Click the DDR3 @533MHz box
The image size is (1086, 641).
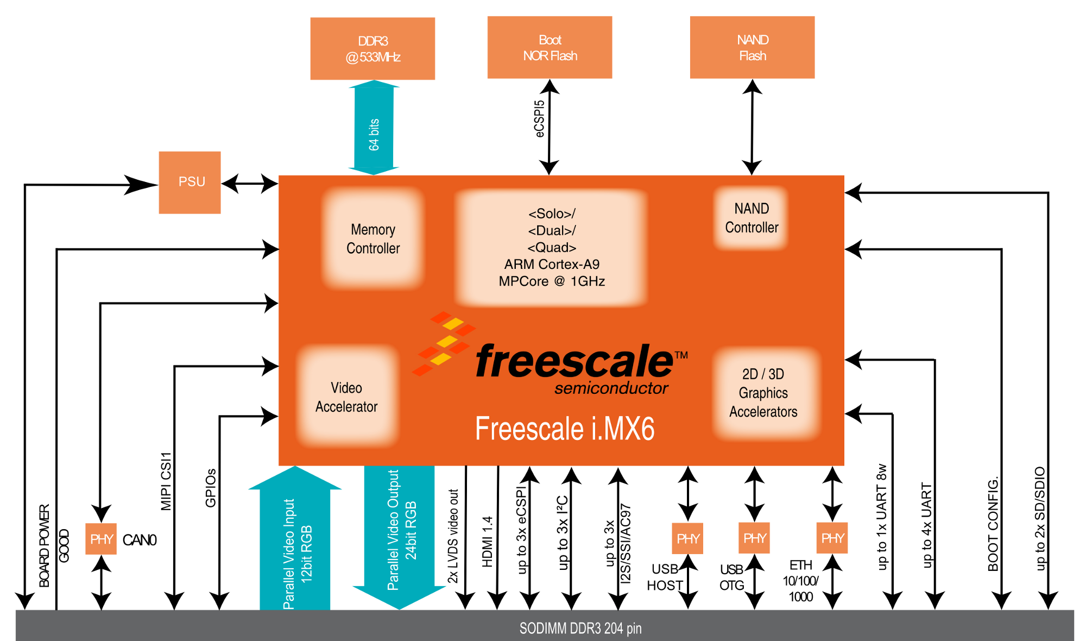[x=372, y=48]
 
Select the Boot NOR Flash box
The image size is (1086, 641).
[x=550, y=47]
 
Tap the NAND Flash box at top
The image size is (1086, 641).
[x=752, y=47]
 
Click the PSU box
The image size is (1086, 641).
[x=190, y=183]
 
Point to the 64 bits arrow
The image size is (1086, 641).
[x=374, y=128]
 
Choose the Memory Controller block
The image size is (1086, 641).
[x=373, y=238]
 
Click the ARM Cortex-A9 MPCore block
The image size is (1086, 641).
[x=552, y=248]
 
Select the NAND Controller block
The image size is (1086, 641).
[x=752, y=218]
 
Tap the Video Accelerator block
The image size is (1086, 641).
[x=346, y=397]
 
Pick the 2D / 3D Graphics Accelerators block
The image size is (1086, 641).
[x=763, y=393]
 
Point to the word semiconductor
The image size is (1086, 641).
[x=611, y=388]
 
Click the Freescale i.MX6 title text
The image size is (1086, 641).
[x=565, y=429]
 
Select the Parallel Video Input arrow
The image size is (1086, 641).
[x=295, y=543]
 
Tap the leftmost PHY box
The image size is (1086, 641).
[x=101, y=539]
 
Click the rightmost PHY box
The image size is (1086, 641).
[x=832, y=538]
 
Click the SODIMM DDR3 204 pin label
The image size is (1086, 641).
[x=580, y=629]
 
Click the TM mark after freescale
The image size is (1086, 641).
[x=681, y=355]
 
